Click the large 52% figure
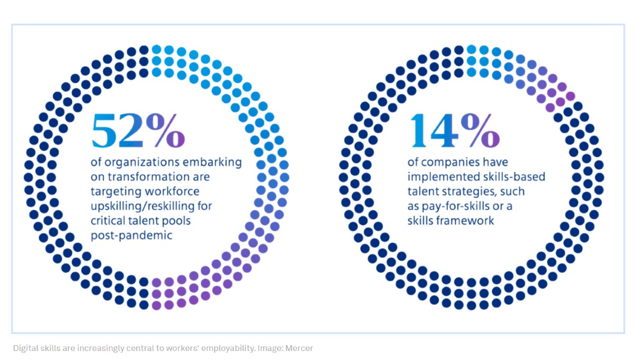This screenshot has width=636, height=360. (x=138, y=131)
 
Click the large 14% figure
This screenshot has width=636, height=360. (x=454, y=131)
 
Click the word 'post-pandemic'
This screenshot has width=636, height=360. (x=131, y=235)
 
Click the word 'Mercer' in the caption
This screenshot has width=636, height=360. (x=299, y=348)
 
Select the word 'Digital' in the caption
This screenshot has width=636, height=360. (x=25, y=348)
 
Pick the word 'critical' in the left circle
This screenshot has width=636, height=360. (x=108, y=221)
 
